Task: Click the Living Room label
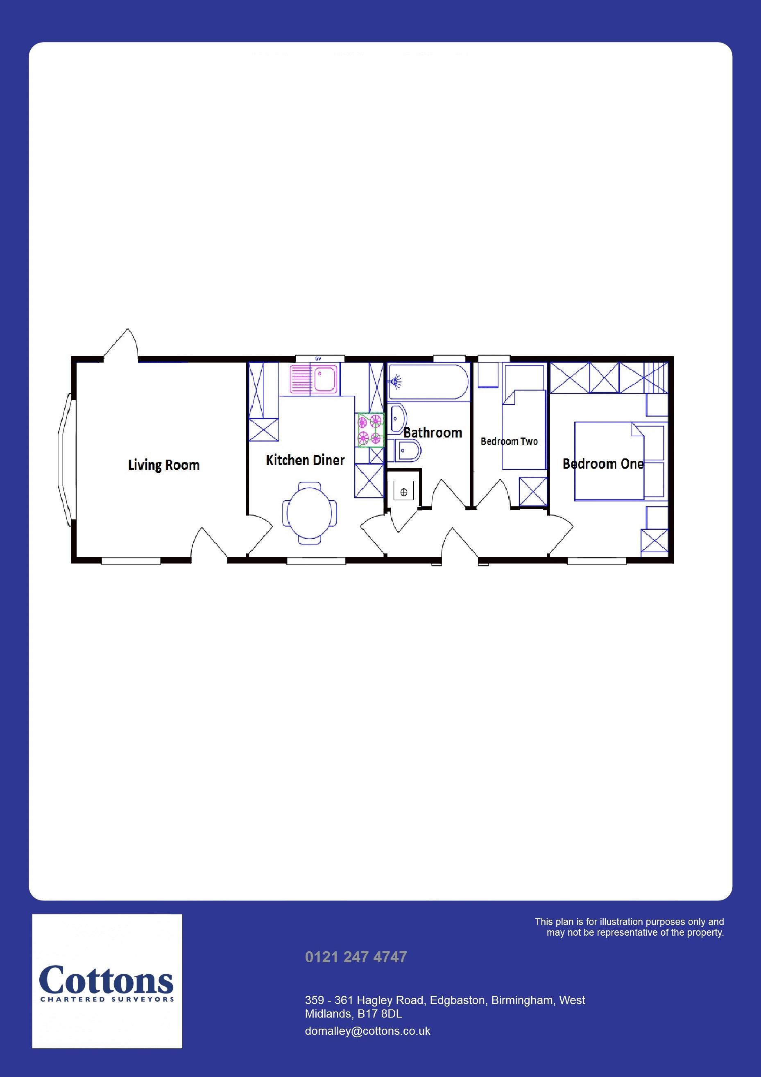click(x=164, y=465)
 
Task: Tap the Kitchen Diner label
click(x=305, y=460)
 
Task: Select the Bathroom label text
click(x=433, y=433)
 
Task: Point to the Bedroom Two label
click(x=509, y=441)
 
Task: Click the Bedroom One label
click(x=603, y=464)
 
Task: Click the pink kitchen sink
click(x=313, y=379)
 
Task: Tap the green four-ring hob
click(x=370, y=430)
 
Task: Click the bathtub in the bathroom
click(x=428, y=382)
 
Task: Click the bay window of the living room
click(x=66, y=460)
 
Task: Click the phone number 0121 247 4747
click(x=356, y=957)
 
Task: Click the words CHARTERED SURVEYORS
click(x=107, y=1000)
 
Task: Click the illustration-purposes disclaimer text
click(x=629, y=927)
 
